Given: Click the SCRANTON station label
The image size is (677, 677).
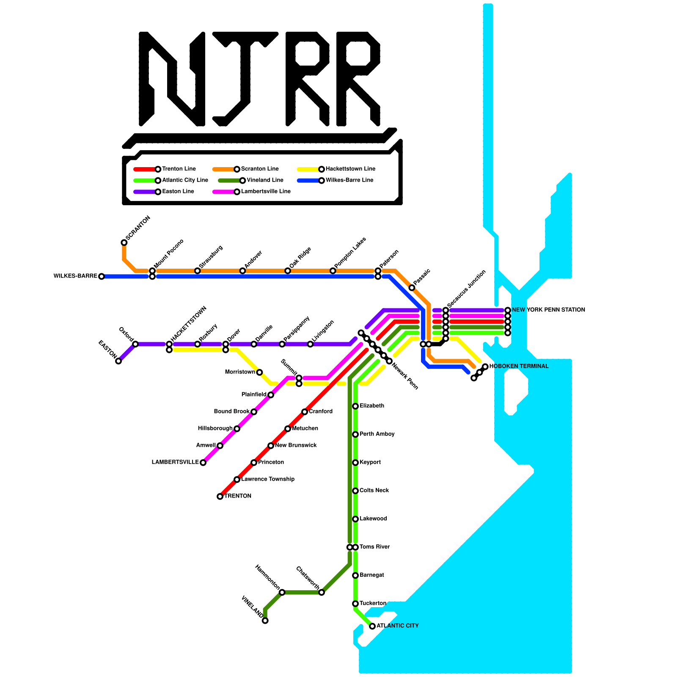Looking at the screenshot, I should [x=138, y=228].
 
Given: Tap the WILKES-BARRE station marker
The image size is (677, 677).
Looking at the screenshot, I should [x=101, y=276].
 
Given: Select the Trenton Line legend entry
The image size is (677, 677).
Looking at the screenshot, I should [x=179, y=169].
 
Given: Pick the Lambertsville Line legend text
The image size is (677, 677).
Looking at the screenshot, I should [x=266, y=191].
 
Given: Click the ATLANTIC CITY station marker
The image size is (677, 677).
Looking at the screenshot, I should [x=372, y=626].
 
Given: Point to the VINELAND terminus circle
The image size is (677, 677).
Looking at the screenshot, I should [x=265, y=621].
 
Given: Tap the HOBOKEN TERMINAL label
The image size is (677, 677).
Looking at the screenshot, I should [x=519, y=366].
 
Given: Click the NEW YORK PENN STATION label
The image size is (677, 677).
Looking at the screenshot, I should [x=548, y=310].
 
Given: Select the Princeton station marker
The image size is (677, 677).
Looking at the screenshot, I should [x=254, y=462].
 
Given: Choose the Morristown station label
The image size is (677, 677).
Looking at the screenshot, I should [x=240, y=372].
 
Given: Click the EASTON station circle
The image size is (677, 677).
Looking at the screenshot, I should [x=118, y=361].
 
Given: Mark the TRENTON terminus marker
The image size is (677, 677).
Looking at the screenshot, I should [x=220, y=496].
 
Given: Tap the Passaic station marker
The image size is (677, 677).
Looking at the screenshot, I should [x=412, y=288].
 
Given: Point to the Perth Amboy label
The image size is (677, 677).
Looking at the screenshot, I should [x=377, y=434].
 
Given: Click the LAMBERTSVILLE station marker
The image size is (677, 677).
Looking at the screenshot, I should [x=203, y=462].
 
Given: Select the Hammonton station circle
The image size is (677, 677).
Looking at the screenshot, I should [x=282, y=592].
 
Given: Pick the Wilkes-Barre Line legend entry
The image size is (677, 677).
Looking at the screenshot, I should [x=349, y=180].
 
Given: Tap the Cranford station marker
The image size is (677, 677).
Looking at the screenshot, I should [x=305, y=412].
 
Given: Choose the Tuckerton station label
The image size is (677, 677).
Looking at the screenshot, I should [x=373, y=603].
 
